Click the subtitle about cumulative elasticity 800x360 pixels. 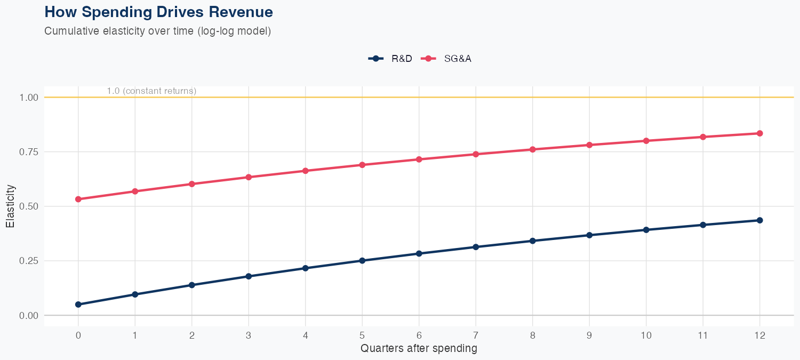point(158,31)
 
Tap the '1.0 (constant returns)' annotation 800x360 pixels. point(151,91)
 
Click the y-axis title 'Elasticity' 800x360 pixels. point(11,206)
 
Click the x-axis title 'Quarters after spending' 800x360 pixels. point(419,349)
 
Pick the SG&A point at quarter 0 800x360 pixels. point(78,199)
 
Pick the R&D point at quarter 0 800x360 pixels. point(78,305)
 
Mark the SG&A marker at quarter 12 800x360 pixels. point(760,133)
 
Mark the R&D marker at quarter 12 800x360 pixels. point(760,220)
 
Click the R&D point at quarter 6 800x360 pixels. point(419,253)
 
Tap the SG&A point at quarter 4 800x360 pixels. point(306,171)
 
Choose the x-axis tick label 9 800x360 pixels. point(589,335)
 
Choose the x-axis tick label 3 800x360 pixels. point(249,335)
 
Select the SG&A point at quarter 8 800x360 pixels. point(533,149)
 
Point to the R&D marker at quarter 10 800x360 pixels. point(646,230)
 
